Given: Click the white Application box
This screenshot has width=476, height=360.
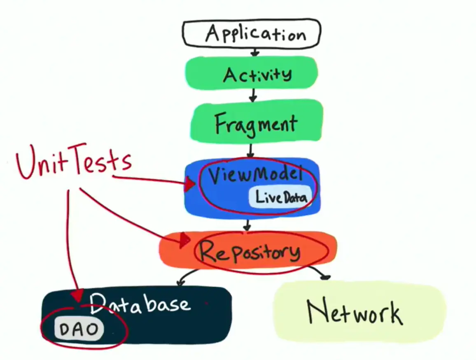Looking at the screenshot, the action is [x=251, y=33].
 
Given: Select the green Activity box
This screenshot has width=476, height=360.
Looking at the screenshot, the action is [x=252, y=73].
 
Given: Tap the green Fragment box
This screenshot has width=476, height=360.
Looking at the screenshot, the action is [x=257, y=121].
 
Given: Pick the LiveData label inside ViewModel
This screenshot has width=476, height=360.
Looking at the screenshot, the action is [x=280, y=197].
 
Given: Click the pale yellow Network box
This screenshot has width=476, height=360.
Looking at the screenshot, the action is [x=360, y=311].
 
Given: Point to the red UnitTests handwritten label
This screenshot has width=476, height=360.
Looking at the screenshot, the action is [x=74, y=161].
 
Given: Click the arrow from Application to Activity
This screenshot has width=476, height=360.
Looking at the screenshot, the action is [x=255, y=52].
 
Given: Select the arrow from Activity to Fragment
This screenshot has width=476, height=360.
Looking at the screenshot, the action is [x=253, y=95].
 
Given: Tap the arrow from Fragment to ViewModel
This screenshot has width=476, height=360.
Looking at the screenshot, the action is [x=250, y=151].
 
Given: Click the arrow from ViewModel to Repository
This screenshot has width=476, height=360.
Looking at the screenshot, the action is [x=248, y=225].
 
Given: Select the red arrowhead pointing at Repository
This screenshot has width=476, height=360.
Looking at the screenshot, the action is [x=184, y=241].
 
